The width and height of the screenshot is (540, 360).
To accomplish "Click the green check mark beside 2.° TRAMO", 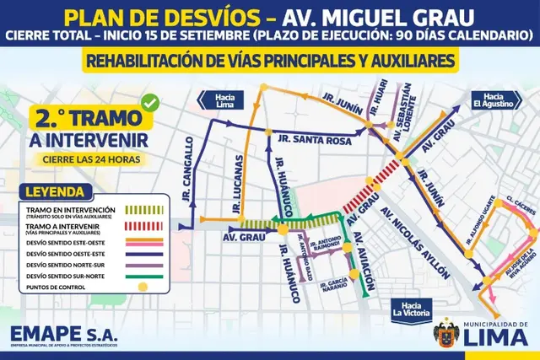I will point(151,103).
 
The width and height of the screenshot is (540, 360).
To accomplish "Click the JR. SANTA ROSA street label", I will point(320,141).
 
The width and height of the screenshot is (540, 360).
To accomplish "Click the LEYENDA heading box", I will point(55,191).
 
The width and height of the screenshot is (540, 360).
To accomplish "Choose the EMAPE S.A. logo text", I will point(64,334).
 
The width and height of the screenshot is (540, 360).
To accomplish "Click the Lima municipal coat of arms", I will point(447,333).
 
